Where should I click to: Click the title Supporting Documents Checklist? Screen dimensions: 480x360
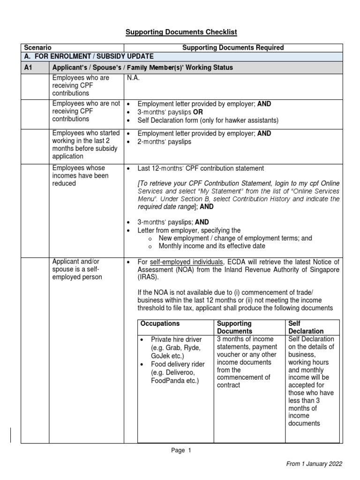pos(181,32)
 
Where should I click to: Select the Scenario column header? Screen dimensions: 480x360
pos(37,48)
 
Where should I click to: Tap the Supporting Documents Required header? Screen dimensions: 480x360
pos(233,48)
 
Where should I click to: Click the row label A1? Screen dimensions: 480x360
pos(28,67)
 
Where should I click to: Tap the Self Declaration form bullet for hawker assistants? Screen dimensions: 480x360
pos(208,120)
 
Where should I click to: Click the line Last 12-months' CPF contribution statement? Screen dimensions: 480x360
pos(201,168)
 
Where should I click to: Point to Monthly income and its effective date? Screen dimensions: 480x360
pos(212,246)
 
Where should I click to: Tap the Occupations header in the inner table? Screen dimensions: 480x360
pos(160,324)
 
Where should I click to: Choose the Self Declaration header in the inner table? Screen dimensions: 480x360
pos(306,327)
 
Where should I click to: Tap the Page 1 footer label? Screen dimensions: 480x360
pos(181,450)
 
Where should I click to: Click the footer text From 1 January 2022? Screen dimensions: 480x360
pos(314,464)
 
